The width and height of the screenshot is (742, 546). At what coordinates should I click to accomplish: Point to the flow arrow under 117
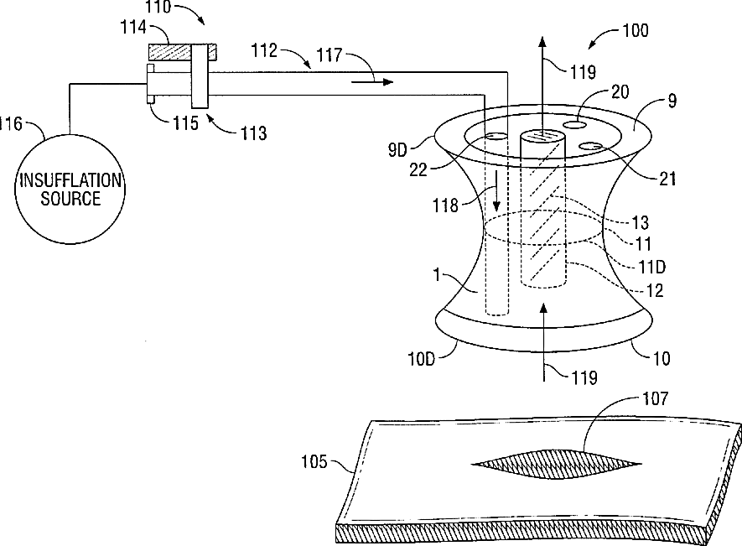tap(373, 82)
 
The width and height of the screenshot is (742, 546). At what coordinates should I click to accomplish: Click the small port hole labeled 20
tap(574, 125)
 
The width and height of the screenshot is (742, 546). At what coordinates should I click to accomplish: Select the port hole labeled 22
tap(496, 137)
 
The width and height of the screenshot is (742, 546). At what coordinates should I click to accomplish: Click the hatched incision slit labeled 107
tap(557, 462)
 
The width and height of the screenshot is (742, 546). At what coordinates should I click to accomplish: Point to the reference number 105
tap(317, 460)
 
